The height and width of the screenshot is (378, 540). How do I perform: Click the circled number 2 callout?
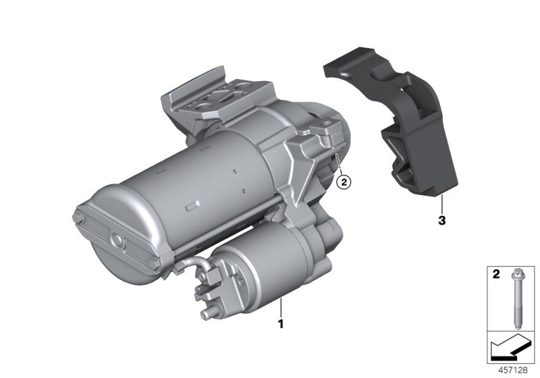coord(344,182)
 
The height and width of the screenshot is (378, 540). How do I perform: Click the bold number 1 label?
coord(281,324)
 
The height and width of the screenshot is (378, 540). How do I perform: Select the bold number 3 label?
coord(442,220)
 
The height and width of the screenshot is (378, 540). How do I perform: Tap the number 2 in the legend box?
coord(496,274)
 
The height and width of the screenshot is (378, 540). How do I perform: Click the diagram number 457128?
coord(513,370)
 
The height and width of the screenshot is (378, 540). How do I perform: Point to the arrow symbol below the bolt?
coord(511,347)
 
